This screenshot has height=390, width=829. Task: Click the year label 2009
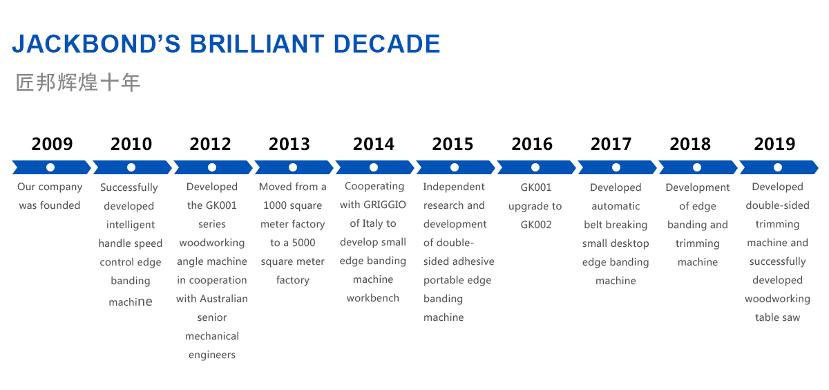[53, 144]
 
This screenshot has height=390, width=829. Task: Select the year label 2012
[210, 144]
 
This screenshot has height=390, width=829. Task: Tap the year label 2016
[532, 144]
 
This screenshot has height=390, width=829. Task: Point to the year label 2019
[774, 144]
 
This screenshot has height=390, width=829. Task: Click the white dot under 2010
[131, 167]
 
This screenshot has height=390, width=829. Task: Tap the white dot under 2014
[374, 167]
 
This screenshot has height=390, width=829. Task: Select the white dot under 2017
[616, 167]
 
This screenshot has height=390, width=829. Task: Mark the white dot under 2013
[293, 167]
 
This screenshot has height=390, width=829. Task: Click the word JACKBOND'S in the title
[96, 44]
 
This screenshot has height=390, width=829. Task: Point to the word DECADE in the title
[387, 44]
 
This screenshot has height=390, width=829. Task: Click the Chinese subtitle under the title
[77, 82]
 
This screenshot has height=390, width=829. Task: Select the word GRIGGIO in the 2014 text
[385, 205]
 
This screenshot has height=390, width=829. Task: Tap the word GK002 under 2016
[536, 225]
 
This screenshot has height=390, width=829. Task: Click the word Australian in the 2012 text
[224, 299]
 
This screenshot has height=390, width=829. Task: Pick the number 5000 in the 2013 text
[303, 243]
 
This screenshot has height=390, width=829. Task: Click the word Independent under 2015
[454, 187]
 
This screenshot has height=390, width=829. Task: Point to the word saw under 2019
[791, 318]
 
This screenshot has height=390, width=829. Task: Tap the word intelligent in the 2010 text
[131, 225]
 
